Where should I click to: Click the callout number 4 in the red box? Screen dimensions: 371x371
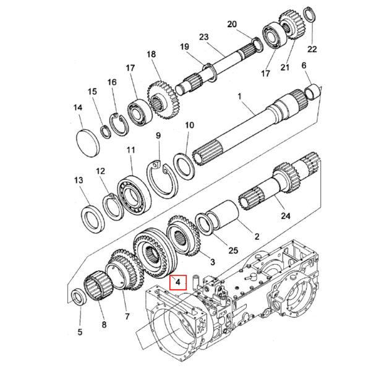tap(177, 282)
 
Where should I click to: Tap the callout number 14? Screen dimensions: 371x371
tap(78, 108)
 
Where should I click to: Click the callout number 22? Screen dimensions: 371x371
tap(312, 49)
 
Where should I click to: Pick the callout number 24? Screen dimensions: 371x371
tap(286, 216)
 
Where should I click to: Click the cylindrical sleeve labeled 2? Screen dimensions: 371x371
tap(223, 214)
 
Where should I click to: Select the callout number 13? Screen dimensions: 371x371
tap(79, 180)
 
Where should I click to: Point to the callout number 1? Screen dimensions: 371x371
tap(240, 96)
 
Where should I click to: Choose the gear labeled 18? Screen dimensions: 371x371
tap(163, 102)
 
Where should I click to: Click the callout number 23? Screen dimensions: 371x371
tap(203, 37)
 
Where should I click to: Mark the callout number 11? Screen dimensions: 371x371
tap(130, 150)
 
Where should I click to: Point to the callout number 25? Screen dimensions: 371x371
tap(233, 250)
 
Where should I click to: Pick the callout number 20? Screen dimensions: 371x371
tap(232, 24)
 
